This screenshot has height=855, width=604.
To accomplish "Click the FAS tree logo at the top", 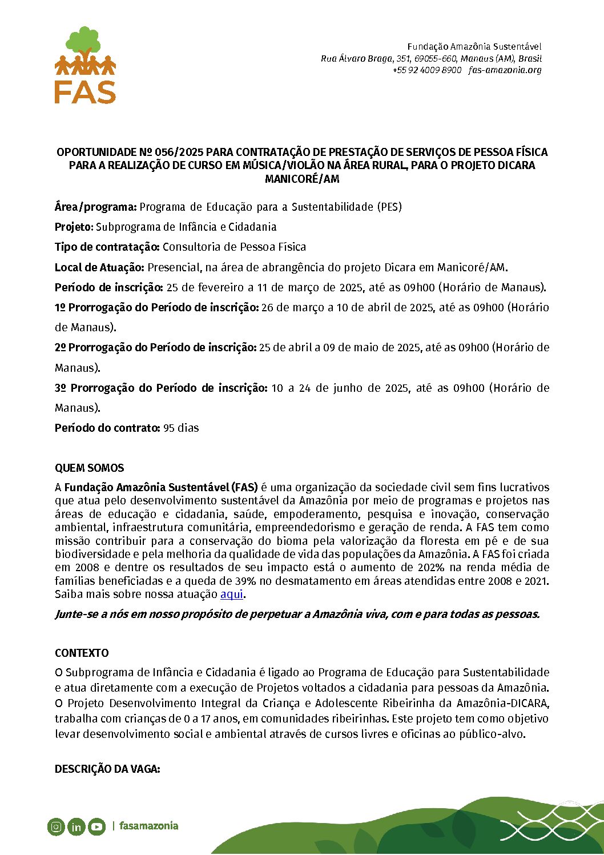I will (x=85, y=65).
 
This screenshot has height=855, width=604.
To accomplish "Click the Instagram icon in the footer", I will (x=56, y=826).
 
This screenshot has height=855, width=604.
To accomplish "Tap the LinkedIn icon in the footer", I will (x=76, y=826).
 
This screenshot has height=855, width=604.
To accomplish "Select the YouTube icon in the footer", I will (x=96, y=826).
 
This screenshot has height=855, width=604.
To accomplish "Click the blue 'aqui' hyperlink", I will (x=232, y=594).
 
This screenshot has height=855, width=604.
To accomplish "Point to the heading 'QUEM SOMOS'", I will (x=89, y=468).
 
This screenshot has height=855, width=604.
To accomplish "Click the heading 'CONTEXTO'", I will (x=82, y=653).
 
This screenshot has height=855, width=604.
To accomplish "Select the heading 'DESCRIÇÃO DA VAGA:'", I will (x=107, y=769).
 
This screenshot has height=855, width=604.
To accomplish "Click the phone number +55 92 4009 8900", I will (x=427, y=70).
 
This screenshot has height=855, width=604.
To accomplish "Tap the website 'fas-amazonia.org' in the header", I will (x=505, y=70).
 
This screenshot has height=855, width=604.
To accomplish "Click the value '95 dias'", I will (x=181, y=428).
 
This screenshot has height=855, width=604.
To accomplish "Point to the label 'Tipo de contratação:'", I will (x=107, y=247).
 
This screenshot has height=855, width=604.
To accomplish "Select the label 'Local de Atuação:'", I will (x=100, y=267).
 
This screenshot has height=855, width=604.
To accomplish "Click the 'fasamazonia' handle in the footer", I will (x=148, y=826).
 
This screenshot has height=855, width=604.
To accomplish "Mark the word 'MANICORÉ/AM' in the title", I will (x=302, y=179).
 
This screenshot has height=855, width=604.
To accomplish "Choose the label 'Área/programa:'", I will (x=96, y=207).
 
